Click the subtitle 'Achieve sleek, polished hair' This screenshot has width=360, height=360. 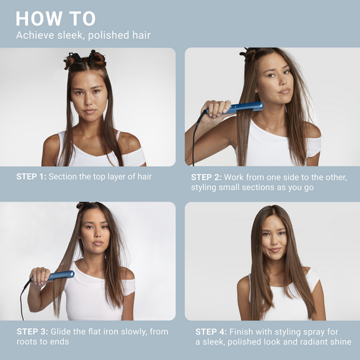(83, 35)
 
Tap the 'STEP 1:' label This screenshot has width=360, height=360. (31, 177)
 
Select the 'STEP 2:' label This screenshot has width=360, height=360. (206, 177)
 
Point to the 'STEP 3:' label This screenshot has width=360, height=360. (31, 332)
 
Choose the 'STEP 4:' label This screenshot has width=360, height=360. (211, 332)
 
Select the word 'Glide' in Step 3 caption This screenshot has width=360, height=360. (61, 332)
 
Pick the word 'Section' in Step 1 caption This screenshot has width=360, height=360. (65, 177)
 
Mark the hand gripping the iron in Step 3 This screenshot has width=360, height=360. (39, 277)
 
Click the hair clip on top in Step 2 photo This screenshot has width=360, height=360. (248, 53)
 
